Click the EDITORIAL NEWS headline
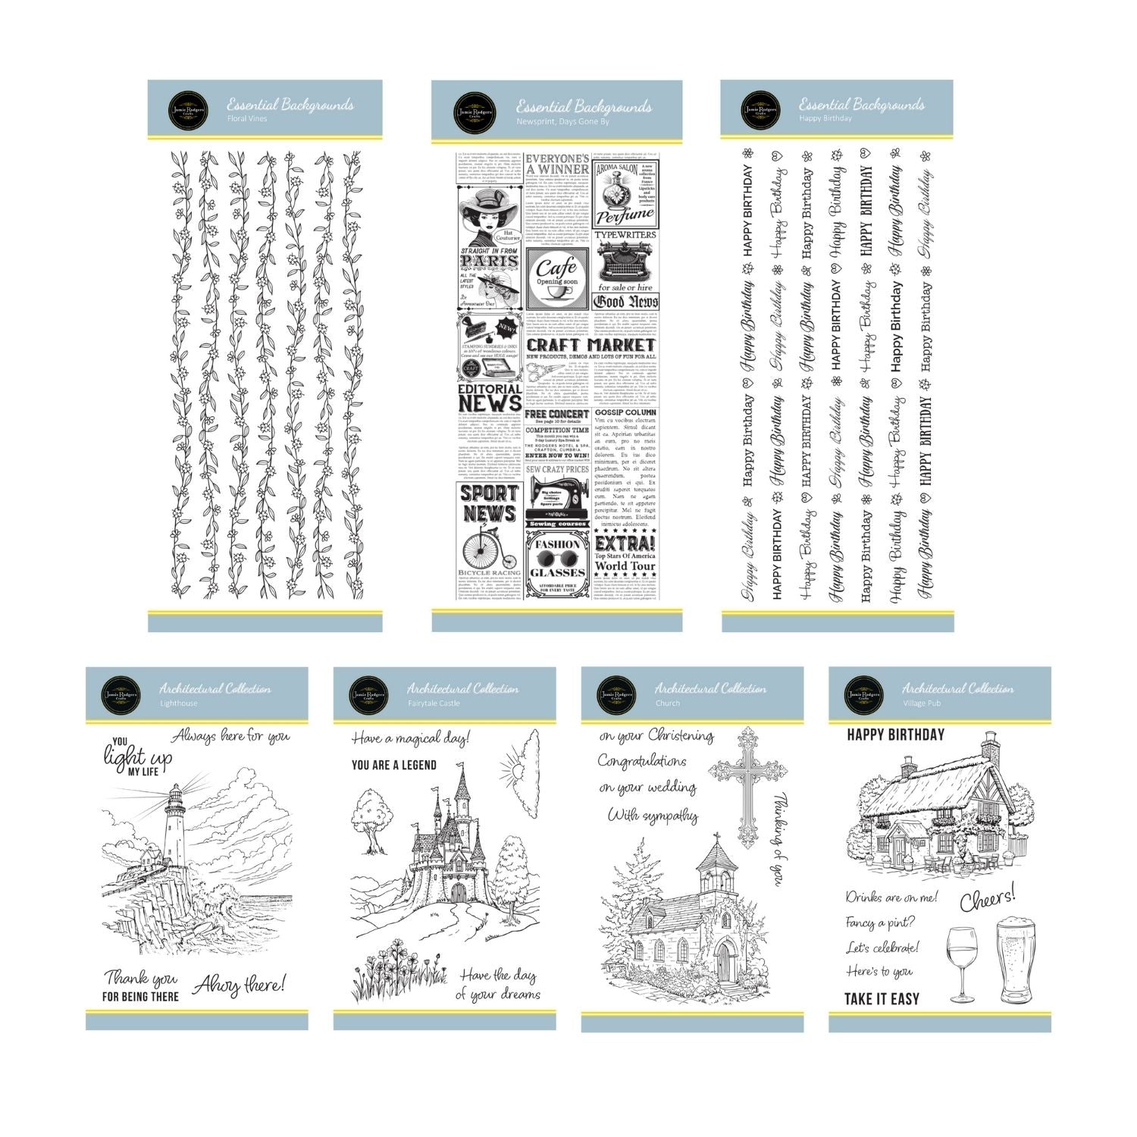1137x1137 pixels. pyautogui.click(x=490, y=396)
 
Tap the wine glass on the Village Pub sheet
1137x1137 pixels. pyautogui.click(x=962, y=963)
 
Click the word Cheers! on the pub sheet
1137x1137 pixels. pyautogui.click(x=988, y=899)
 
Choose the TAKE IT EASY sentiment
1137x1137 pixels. pyautogui.click(x=882, y=999)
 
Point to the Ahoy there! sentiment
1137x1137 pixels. pyautogui.click(x=240, y=986)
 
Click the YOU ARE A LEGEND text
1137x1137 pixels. pyautogui.click(x=394, y=765)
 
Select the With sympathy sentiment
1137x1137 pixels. pyautogui.click(x=652, y=816)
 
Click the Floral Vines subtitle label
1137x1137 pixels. pyautogui.click(x=247, y=119)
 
